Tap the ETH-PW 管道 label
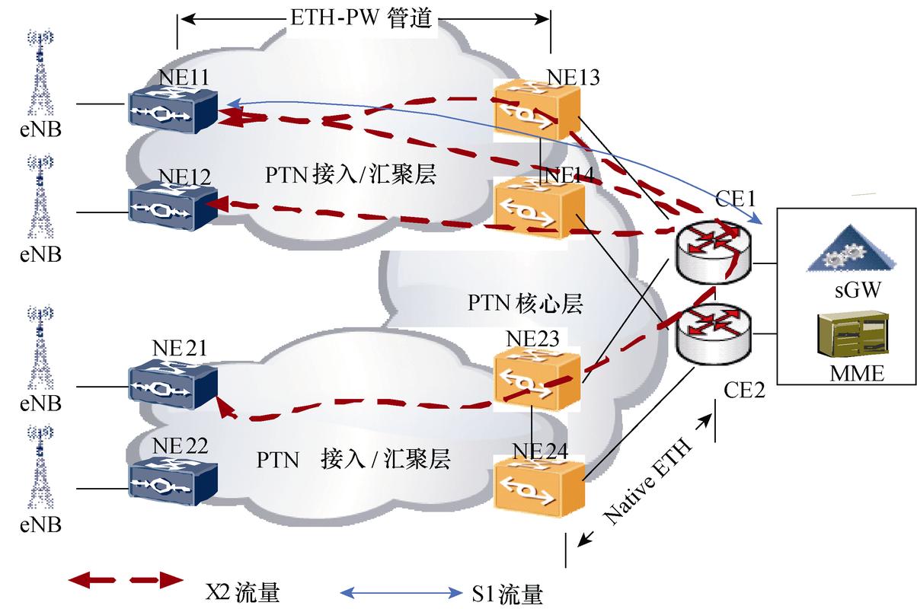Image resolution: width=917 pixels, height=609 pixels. (362, 18)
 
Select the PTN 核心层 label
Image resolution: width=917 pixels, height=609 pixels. (526, 304)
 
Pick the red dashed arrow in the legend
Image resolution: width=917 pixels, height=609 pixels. (126, 581)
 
